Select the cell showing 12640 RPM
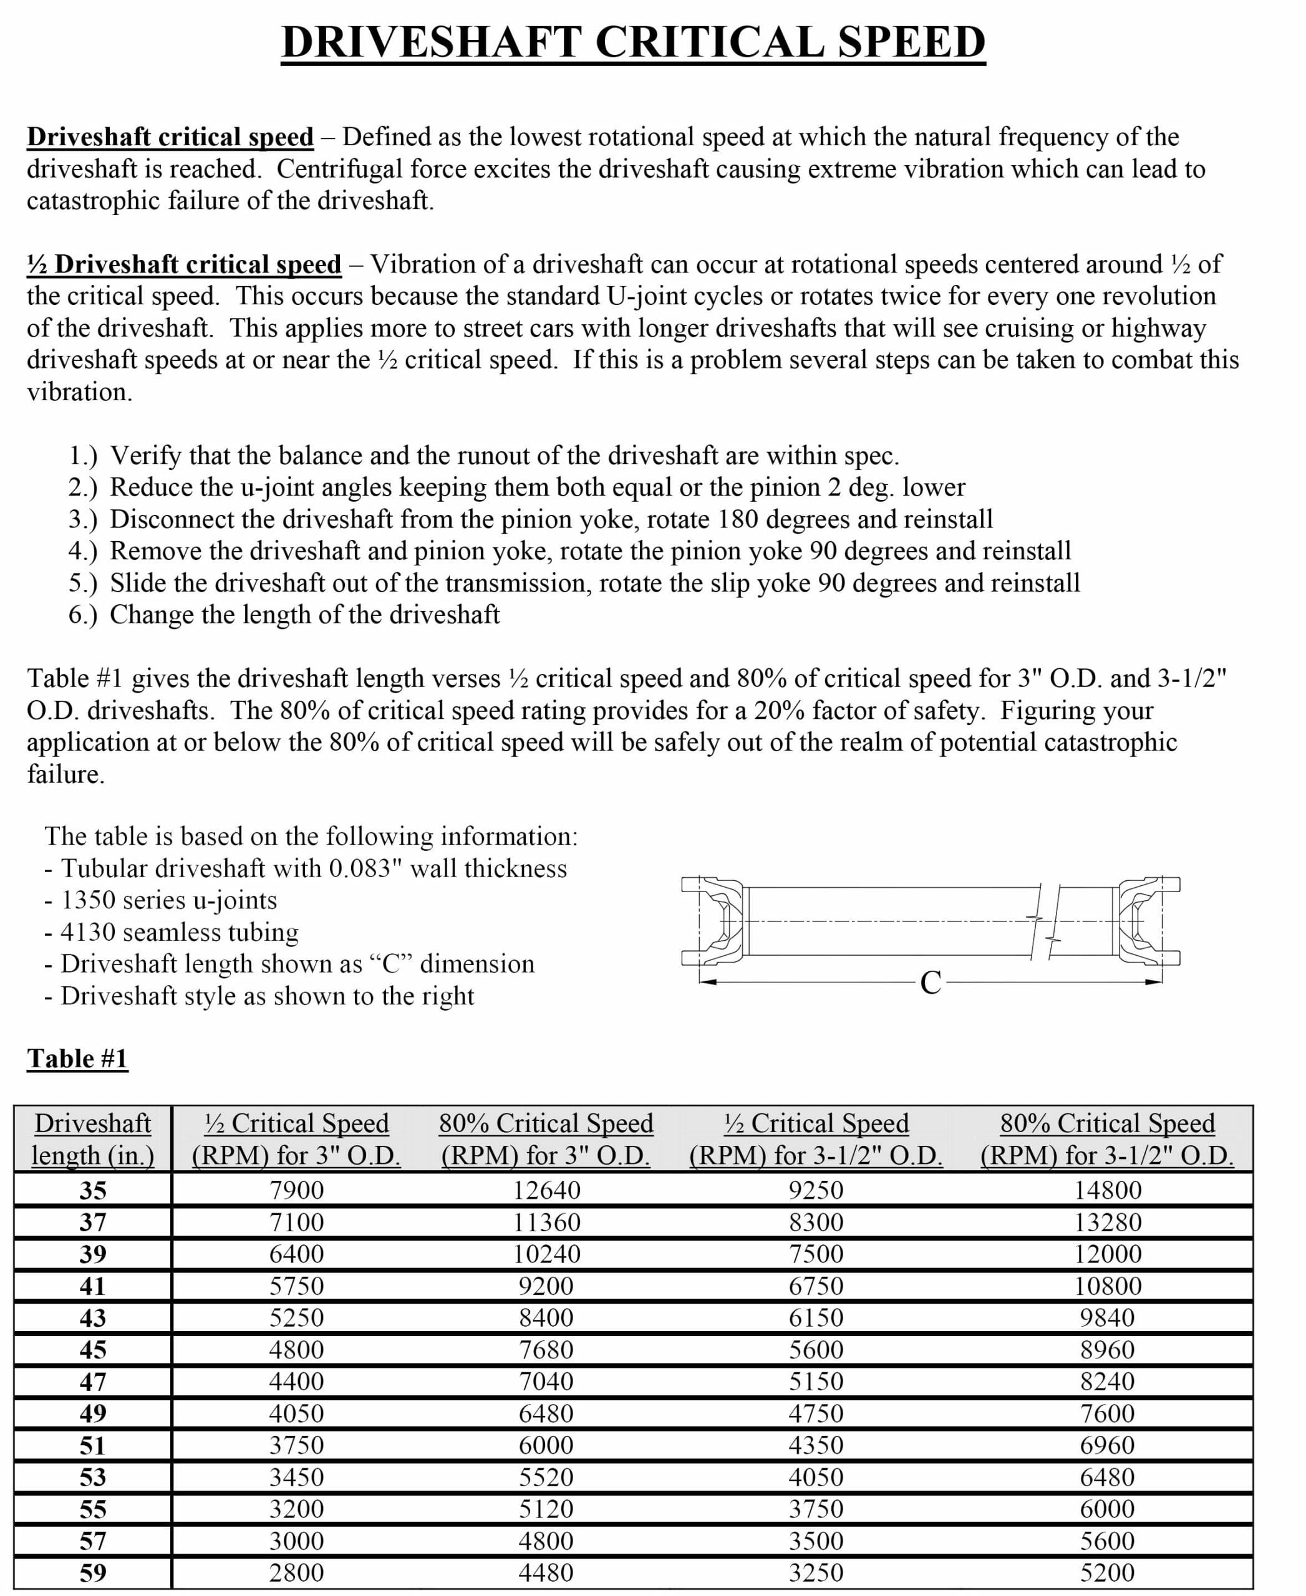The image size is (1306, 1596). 546,1191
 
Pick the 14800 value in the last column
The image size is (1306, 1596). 1108,1191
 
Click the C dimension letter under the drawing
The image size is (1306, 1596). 931,983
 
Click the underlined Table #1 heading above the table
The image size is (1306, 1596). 77,1058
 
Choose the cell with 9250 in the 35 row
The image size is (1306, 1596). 816,1191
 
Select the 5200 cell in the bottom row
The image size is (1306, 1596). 1108,1573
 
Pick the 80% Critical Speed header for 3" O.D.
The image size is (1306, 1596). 546,1140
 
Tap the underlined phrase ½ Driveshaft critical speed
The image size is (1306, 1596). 185,265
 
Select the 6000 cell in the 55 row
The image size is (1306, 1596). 1108,1509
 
